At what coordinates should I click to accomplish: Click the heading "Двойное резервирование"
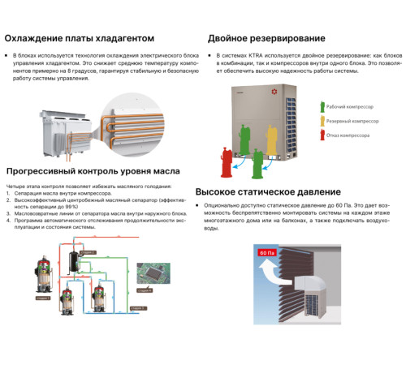266,38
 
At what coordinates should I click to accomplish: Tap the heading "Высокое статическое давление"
279,192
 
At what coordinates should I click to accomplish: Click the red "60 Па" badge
267,253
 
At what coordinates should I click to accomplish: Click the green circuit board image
153,273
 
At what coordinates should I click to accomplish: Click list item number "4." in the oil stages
8,220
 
